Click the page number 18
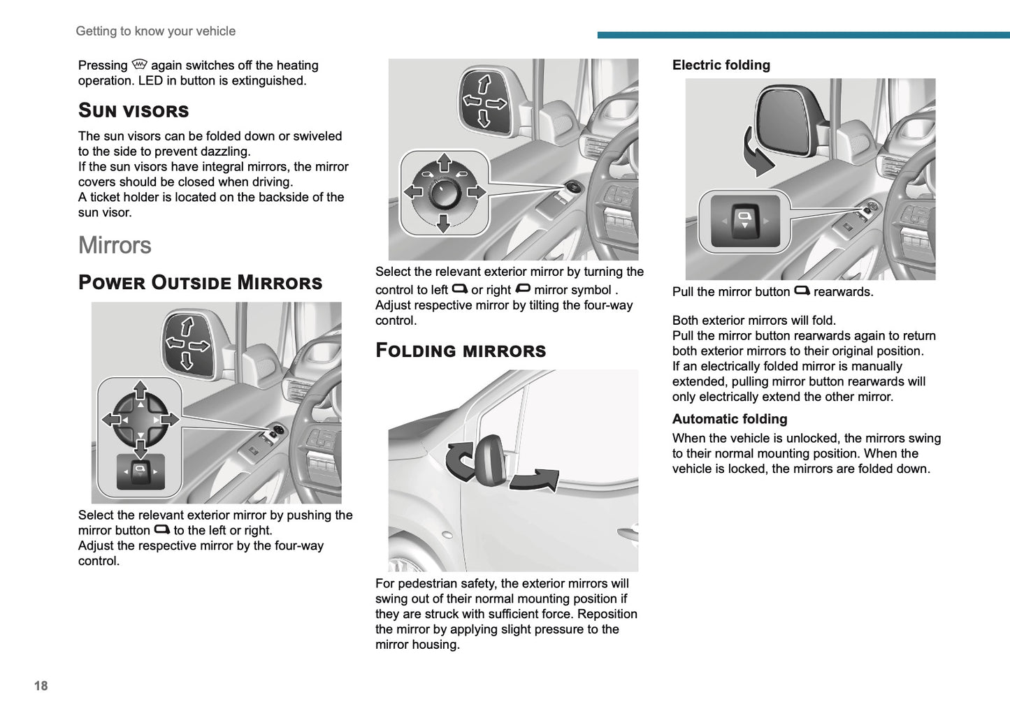[x=41, y=686]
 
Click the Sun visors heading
[x=134, y=111]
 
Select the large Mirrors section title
[x=115, y=245]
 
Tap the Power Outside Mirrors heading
[x=200, y=283]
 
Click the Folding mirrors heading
[x=461, y=351]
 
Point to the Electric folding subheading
[x=721, y=65]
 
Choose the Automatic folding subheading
[x=729, y=419]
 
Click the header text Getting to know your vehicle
[x=155, y=31]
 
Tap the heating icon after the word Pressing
[x=139, y=64]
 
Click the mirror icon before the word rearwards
[x=802, y=291]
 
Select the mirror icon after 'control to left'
[x=459, y=288]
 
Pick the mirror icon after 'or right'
[x=522, y=288]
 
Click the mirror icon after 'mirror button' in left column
[x=161, y=529]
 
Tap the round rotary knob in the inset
[x=443, y=193]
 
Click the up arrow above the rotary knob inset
[x=444, y=163]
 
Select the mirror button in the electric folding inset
[x=745, y=221]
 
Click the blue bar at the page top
[x=803, y=35]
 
